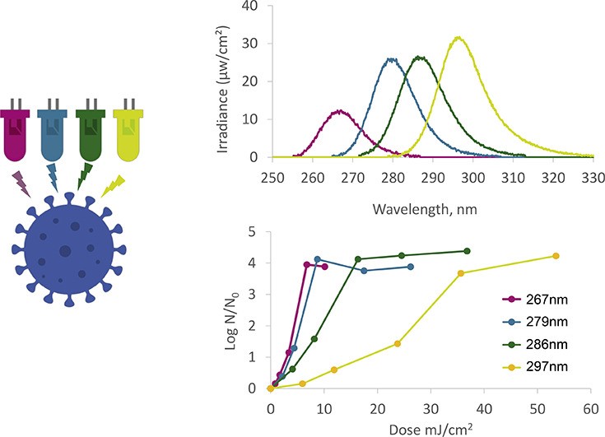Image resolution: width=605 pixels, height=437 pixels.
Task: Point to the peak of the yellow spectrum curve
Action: tap(458, 37)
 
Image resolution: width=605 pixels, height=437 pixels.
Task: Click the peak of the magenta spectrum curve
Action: tap(339, 110)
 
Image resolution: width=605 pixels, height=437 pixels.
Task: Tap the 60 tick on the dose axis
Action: tap(590, 407)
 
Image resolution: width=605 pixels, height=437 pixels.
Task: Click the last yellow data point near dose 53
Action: tap(556, 256)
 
